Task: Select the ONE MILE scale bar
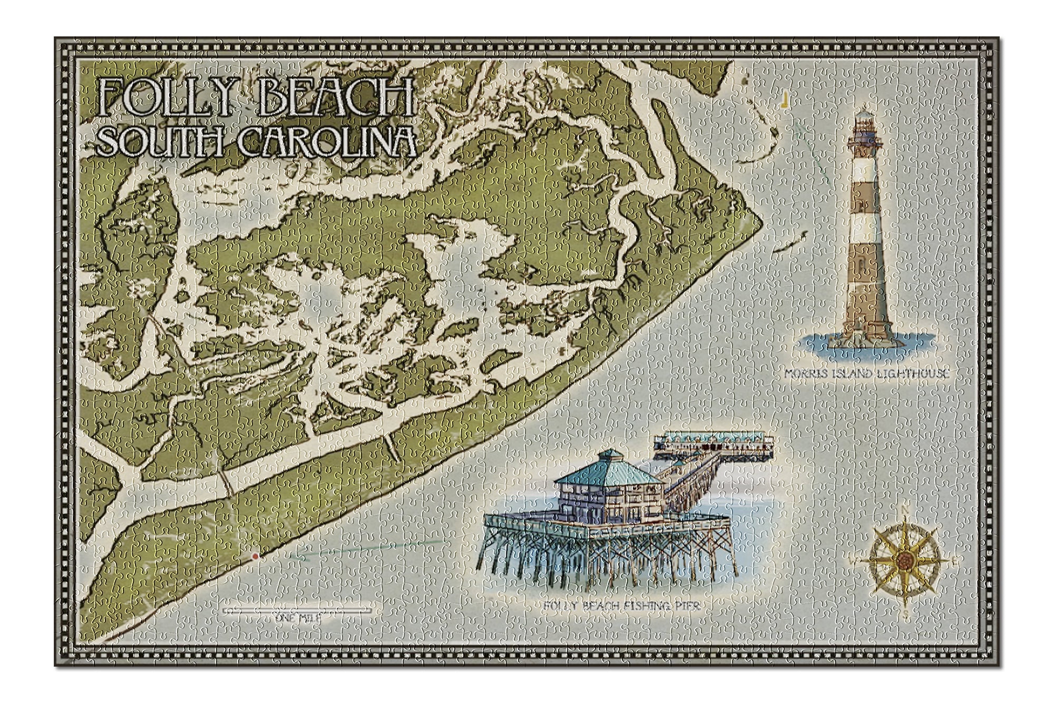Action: pyautogui.click(x=298, y=610)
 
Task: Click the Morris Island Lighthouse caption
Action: pyautogui.click(x=867, y=374)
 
